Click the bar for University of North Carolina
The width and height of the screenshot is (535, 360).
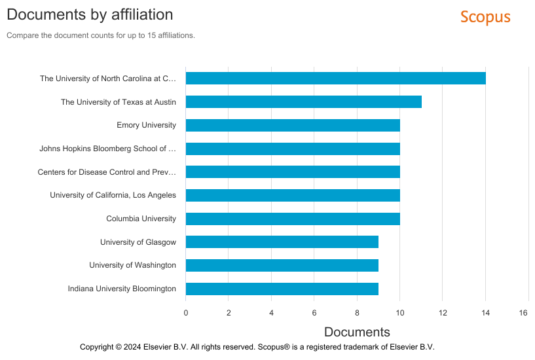click(x=335, y=79)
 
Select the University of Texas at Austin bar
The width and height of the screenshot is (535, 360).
click(x=303, y=102)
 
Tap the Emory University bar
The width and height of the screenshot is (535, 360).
click(x=293, y=126)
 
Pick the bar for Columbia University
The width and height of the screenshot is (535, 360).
click(x=293, y=219)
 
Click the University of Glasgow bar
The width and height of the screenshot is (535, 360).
click(x=282, y=242)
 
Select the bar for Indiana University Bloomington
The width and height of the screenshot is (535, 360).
click(x=282, y=289)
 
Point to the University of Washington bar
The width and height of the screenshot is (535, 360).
click(x=282, y=265)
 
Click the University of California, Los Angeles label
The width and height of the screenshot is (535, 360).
click(x=113, y=195)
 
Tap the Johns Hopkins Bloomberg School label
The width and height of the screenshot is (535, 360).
click(x=107, y=149)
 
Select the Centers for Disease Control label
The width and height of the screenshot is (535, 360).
click(x=107, y=172)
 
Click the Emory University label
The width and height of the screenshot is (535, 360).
click(x=146, y=125)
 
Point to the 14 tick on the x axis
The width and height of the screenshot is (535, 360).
click(x=485, y=313)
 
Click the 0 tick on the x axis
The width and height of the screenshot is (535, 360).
click(x=186, y=313)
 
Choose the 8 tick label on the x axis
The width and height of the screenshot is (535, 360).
click(x=357, y=313)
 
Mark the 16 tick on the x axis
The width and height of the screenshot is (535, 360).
click(x=523, y=313)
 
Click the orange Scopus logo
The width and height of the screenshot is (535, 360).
click(x=485, y=17)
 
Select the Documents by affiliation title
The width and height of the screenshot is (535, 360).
click(x=90, y=14)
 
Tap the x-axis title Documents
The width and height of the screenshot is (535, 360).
click(x=357, y=332)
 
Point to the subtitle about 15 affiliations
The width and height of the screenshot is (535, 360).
click(x=101, y=35)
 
